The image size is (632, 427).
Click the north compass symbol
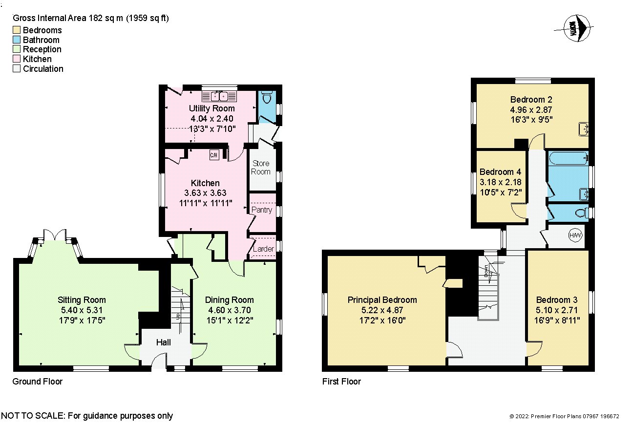pyautogui.click(x=575, y=28)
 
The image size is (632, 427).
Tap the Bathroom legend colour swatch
pyautogui.click(x=17, y=40)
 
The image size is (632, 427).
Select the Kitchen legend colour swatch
pyautogui.click(x=17, y=59)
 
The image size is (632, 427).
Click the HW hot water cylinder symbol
pyautogui.click(x=575, y=235)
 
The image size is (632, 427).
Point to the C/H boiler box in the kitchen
pyautogui.click(x=214, y=155)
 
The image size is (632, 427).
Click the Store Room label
pyautogui.click(x=261, y=168)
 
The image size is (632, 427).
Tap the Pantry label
pyautogui.click(x=262, y=210)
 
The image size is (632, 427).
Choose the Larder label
pyautogui.click(x=263, y=249)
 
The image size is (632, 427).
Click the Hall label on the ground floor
pyautogui.click(x=163, y=342)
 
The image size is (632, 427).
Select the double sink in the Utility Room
pyautogui.click(x=219, y=96)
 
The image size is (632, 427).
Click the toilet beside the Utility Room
pyautogui.click(x=267, y=97)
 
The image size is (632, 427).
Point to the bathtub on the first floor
pyautogui.click(x=569, y=158)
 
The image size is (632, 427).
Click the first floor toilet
pyautogui.click(x=582, y=213)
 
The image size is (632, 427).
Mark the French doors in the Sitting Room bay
pyautogui.click(x=55, y=235)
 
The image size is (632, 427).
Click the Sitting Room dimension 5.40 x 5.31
pyautogui.click(x=82, y=310)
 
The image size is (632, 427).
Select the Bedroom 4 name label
pyautogui.click(x=500, y=172)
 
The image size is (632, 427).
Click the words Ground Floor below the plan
pyautogui.click(x=37, y=382)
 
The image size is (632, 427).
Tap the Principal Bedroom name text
pyautogui.click(x=382, y=299)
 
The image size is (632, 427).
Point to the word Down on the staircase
pyautogui.click(x=486, y=271)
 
